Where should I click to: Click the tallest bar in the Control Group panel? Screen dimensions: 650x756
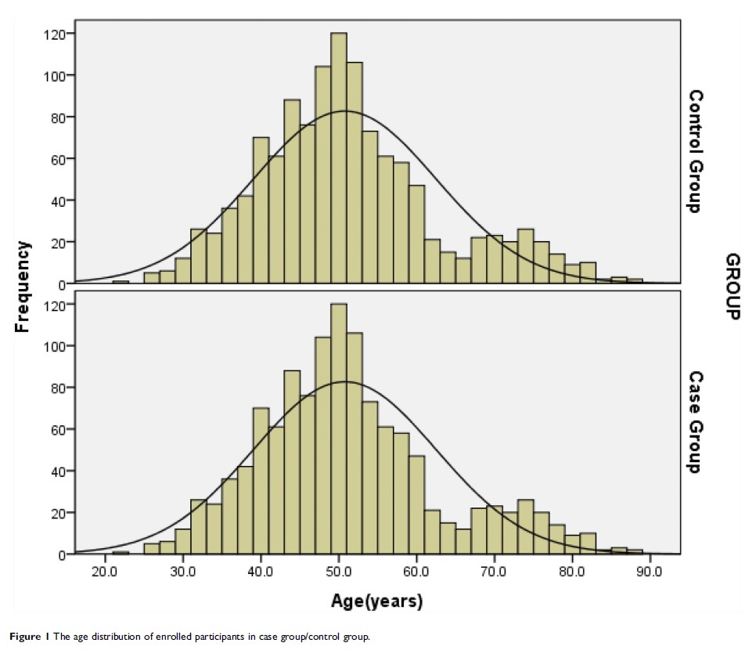pyautogui.click(x=338, y=157)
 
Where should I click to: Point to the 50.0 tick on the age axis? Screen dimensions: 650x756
pyautogui.click(x=338, y=569)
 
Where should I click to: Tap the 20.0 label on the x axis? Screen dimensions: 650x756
pyautogui.click(x=105, y=569)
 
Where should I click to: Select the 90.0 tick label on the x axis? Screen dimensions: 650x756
pyautogui.click(x=648, y=569)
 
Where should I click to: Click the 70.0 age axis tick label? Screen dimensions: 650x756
pyautogui.click(x=493, y=569)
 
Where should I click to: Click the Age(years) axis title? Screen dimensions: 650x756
pyautogui.click(x=377, y=602)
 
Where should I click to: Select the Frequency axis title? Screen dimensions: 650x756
pyautogui.click(x=23, y=287)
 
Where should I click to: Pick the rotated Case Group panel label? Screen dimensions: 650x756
pyautogui.click(x=695, y=423)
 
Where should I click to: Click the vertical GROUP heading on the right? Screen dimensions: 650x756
pyautogui.click(x=733, y=287)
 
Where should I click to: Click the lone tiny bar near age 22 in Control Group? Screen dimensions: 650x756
pyautogui.click(x=120, y=281)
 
